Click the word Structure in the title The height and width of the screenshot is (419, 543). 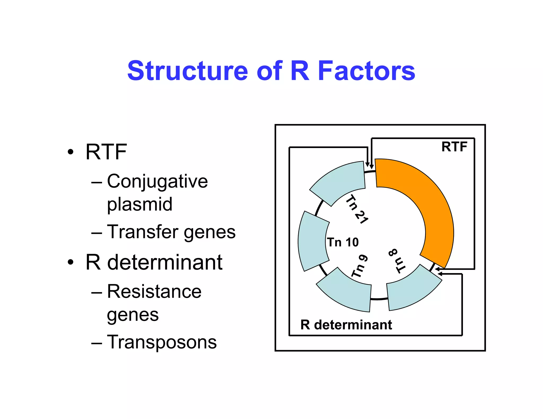point(188,71)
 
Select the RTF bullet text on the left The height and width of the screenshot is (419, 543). point(106,152)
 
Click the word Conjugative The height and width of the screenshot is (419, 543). point(157,182)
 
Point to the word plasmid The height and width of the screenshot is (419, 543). point(139,204)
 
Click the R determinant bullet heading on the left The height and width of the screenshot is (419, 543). point(154,262)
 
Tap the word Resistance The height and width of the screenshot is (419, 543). point(154,292)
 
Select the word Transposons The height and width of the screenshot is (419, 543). point(162,342)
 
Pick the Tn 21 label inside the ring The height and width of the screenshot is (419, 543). point(357,209)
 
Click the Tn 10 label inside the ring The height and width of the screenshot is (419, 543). point(343,242)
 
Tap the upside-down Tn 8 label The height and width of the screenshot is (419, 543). point(397,261)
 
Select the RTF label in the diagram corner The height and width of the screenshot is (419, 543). point(454,147)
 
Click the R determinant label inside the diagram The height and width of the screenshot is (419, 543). point(346,325)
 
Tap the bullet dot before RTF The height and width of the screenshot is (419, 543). point(70,152)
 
